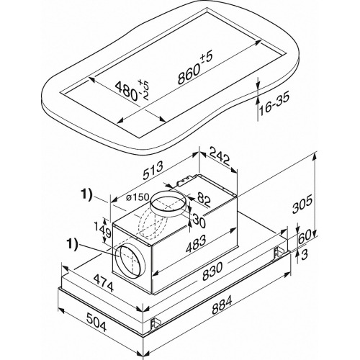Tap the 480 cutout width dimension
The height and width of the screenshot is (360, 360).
point(132,91)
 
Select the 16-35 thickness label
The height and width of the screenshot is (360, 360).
point(274,104)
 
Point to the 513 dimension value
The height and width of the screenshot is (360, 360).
point(153,171)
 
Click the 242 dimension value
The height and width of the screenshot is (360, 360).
point(220,156)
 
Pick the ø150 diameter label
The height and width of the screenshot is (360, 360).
point(138,197)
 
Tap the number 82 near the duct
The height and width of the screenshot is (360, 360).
point(204,200)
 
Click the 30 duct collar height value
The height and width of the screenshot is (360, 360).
point(199,220)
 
